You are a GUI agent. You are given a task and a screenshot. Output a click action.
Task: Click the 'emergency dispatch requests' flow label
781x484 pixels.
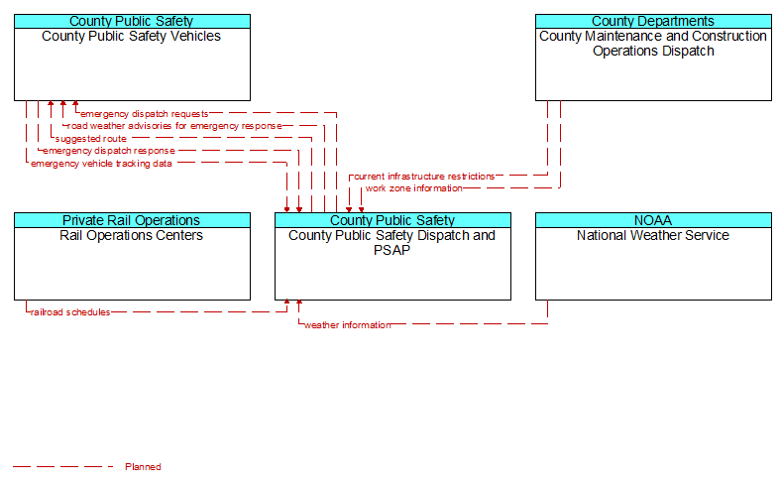click(145, 114)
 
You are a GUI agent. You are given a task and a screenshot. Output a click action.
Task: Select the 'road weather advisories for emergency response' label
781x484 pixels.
click(174, 126)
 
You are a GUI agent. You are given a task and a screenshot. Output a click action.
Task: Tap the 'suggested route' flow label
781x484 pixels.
click(91, 139)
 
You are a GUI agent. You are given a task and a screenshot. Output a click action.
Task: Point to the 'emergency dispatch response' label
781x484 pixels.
click(109, 151)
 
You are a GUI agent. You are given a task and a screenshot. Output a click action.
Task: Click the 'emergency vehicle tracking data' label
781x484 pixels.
click(102, 164)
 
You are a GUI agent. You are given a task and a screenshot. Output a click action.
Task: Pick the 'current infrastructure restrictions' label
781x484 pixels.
click(424, 177)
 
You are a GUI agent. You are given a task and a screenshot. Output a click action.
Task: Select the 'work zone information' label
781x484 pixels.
click(414, 188)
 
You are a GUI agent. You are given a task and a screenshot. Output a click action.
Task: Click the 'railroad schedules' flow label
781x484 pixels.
click(70, 312)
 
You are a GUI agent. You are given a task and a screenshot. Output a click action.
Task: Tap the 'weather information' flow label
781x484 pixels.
click(348, 325)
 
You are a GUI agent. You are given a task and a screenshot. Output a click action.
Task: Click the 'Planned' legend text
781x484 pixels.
click(143, 467)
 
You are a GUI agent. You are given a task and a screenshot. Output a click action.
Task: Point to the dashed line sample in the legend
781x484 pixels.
click(63, 467)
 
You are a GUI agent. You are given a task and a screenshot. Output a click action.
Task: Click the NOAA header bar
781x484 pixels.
click(653, 220)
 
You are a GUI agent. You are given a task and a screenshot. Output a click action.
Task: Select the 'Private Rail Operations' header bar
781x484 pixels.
click(132, 220)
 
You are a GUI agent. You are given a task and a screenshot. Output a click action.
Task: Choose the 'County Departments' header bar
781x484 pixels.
click(653, 22)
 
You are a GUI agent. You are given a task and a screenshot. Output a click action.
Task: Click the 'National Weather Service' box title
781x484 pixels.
click(653, 235)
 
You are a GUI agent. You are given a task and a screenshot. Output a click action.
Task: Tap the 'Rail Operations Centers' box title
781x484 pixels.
click(132, 235)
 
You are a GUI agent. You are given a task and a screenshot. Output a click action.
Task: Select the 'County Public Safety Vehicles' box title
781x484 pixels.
click(132, 36)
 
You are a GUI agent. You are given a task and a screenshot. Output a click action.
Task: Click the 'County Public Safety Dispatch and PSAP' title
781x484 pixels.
click(392, 243)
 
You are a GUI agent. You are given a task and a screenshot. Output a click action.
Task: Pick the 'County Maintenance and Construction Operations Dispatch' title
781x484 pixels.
click(653, 44)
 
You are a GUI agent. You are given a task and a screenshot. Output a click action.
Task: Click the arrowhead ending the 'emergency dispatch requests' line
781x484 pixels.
click(75, 104)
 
